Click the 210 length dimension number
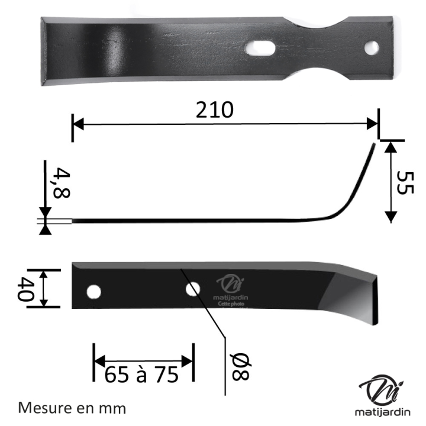coord(215,109)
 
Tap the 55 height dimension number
coord(405,183)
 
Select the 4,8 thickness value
coord(60,183)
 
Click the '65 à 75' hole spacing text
coord(142,375)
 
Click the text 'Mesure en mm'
coord(73,408)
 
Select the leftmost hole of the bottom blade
coord(93,292)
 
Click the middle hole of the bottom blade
coord(192,289)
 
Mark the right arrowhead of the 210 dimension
coord(373,124)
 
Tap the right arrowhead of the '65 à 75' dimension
coord(188,361)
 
